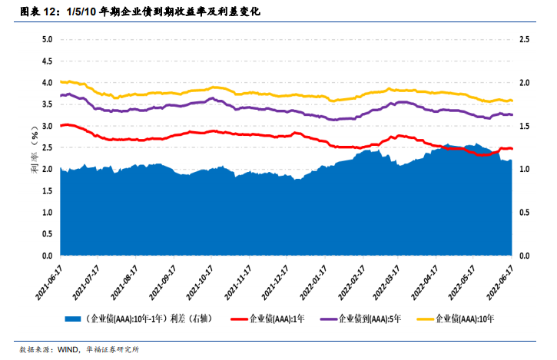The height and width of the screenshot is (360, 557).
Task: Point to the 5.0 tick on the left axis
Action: pyautogui.click(x=47, y=39)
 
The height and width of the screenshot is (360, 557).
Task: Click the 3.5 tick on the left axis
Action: pyautogui.click(x=47, y=104)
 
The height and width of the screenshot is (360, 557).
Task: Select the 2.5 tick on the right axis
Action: pyautogui.click(x=526, y=39)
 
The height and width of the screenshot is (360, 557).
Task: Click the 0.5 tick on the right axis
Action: pyautogui.click(x=526, y=213)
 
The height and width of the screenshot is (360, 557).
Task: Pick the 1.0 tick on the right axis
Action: pyautogui.click(x=526, y=169)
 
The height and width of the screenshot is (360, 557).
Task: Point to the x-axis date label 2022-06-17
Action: pyautogui.click(x=502, y=281)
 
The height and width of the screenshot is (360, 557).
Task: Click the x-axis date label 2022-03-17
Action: pyautogui.click(x=389, y=281)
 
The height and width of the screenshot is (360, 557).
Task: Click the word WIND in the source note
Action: pyautogui.click(x=71, y=349)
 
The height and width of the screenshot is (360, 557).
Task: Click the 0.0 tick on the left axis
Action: pyautogui.click(x=47, y=256)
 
